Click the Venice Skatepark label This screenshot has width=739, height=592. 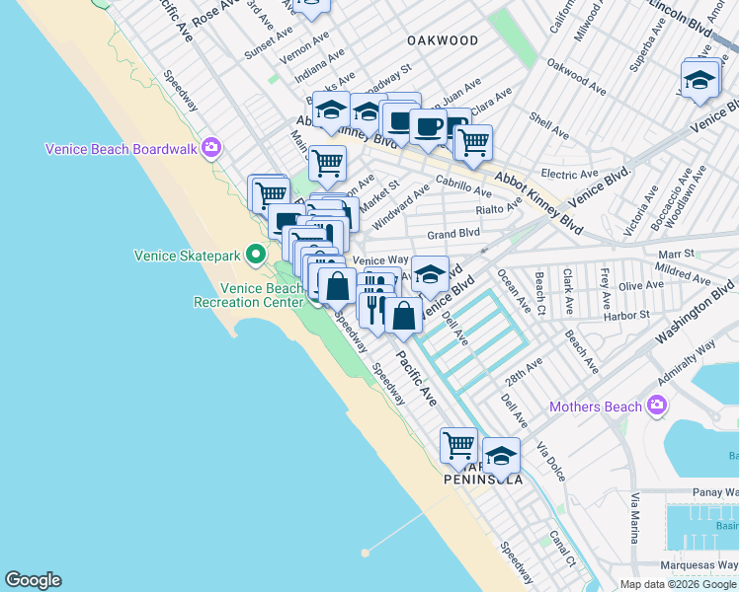(x=188, y=256)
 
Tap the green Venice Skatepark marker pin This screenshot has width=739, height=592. (x=255, y=255)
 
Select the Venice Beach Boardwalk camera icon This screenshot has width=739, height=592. (x=210, y=149)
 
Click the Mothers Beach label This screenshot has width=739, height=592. (x=596, y=406)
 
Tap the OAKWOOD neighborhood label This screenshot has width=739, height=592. (x=443, y=41)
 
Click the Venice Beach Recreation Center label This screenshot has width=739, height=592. (x=261, y=295)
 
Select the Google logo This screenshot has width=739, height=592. (x=33, y=580)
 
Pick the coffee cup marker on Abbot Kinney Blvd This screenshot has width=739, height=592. (x=428, y=125)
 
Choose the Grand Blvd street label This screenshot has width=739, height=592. (x=453, y=234)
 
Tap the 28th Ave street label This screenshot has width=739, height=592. (x=524, y=371)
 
